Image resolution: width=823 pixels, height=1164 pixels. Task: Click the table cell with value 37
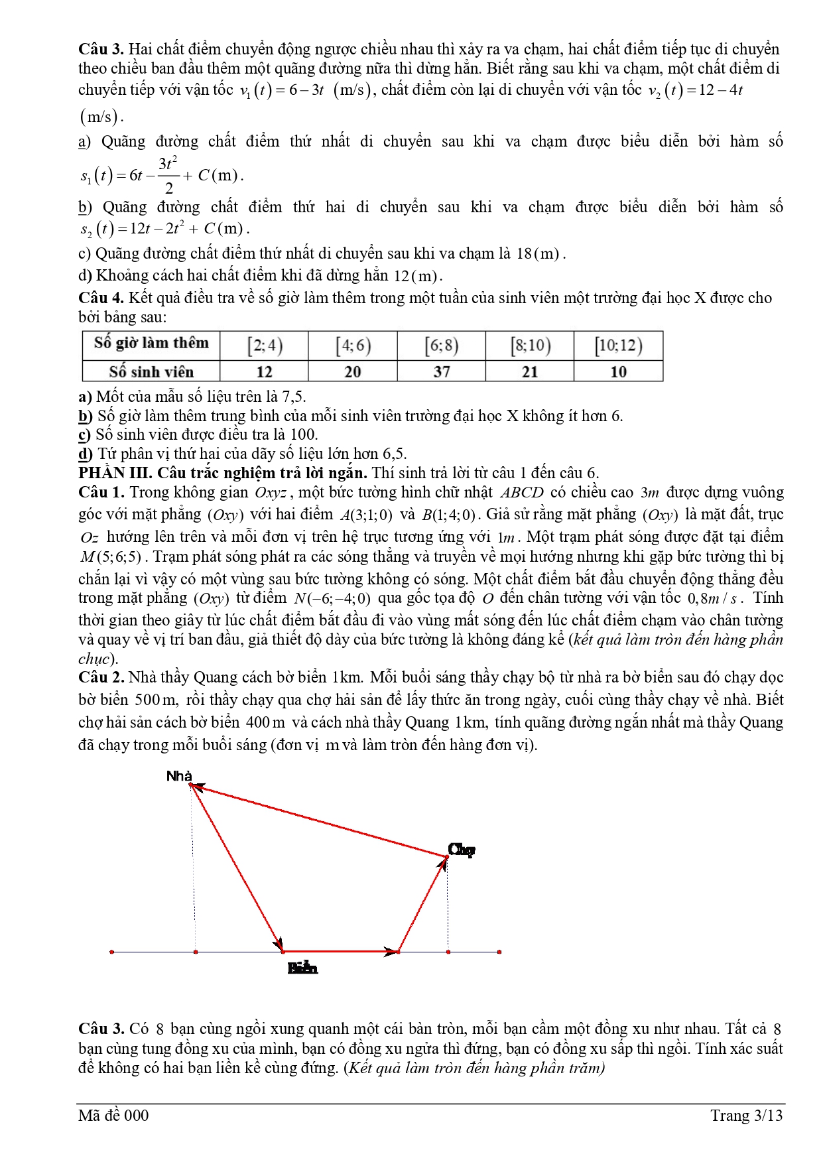tap(442, 371)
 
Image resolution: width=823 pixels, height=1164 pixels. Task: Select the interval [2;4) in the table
tap(265, 346)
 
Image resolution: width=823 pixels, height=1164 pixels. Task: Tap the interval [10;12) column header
tap(618, 346)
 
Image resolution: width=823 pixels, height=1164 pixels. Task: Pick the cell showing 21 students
tap(530, 371)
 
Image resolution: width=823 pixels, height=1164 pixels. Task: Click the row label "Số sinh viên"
tap(151, 371)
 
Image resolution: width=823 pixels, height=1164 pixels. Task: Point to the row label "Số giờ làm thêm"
tap(151, 344)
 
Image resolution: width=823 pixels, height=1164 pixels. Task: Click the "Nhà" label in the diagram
tap(179, 776)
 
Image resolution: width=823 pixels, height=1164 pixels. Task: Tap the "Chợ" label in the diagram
tap(462, 850)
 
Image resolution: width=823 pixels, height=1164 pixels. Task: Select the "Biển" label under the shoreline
tap(302, 968)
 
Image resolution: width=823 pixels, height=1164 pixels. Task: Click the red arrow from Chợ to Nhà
tap(318, 821)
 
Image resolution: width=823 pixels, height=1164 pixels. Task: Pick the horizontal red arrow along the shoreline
tap(340, 952)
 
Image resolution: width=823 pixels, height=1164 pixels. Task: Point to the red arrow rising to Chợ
tap(422, 904)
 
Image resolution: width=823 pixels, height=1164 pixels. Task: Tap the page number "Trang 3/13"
tap(746, 1116)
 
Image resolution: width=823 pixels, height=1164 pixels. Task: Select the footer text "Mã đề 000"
tap(113, 1116)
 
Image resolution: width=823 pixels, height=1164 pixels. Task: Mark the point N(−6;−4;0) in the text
tap(332, 599)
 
